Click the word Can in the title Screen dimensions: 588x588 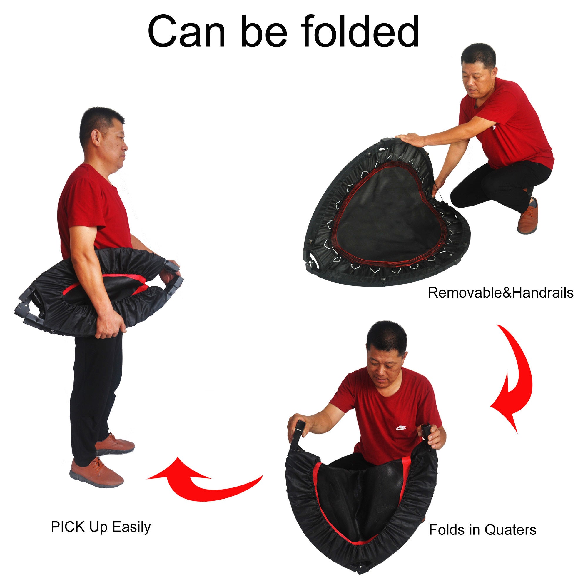click(x=186, y=32)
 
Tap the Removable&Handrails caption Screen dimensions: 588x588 click(x=500, y=293)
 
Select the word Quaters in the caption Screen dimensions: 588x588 click(x=510, y=530)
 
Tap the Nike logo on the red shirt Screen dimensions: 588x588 click(x=401, y=428)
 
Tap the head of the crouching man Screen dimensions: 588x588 click(x=478, y=70)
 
